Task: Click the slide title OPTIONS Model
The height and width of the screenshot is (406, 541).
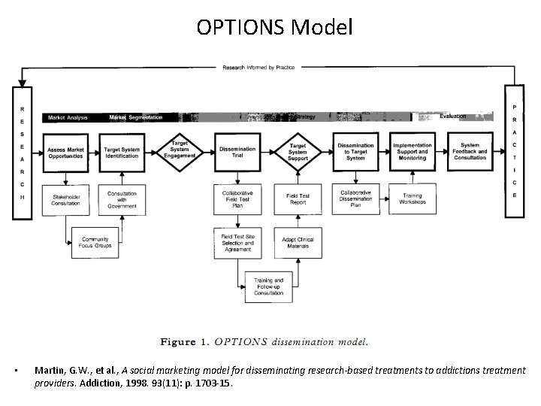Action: (274, 28)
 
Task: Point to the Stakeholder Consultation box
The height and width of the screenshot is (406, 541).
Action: (65, 198)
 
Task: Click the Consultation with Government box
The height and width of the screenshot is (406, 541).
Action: (122, 198)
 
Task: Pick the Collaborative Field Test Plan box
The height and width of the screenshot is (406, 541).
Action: (237, 198)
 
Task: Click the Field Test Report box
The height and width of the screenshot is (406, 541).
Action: (298, 198)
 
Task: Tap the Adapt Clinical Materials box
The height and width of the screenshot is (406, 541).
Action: (298, 242)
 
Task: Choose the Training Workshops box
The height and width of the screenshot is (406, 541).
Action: (412, 198)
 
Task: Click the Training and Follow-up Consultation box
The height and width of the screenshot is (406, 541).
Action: (268, 286)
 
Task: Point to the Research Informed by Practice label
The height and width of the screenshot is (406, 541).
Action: (258, 67)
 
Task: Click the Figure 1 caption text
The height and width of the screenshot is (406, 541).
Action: (264, 342)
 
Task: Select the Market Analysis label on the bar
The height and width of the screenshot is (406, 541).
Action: (68, 117)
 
